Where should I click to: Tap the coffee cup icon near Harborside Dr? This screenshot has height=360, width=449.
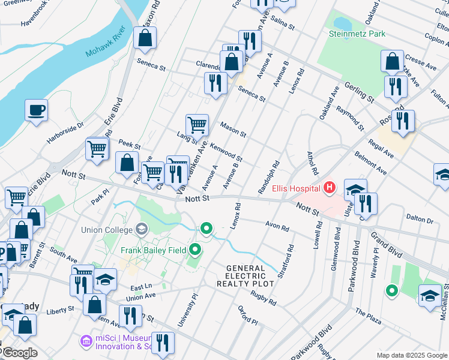tap(36, 110)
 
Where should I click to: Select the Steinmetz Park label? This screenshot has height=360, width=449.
tap(357, 34)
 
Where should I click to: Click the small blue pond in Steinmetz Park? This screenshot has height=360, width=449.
tap(342, 23)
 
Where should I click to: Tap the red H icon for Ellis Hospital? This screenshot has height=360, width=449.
tap(328, 188)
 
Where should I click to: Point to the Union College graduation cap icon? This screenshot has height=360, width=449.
tap(142, 229)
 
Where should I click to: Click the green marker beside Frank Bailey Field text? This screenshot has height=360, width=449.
tap(195, 249)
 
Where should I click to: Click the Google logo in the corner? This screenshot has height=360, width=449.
tap(19, 353)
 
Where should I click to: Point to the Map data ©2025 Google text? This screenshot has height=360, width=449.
tap(411, 355)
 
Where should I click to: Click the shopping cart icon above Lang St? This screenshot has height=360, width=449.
tap(196, 125)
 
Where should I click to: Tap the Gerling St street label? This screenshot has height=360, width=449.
tap(359, 92)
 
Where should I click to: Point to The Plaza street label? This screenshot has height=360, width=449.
tap(368, 317)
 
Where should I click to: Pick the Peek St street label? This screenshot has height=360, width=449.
tap(129, 146)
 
